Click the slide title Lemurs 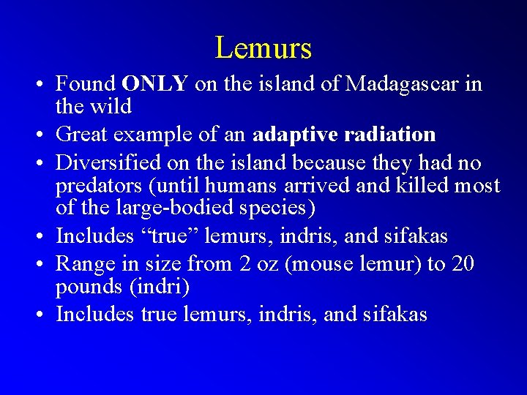[x=263, y=48]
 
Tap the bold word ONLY [x=155, y=84]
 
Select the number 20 [x=463, y=263]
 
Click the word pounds [x=91, y=287]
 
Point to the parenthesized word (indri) [x=161, y=287]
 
